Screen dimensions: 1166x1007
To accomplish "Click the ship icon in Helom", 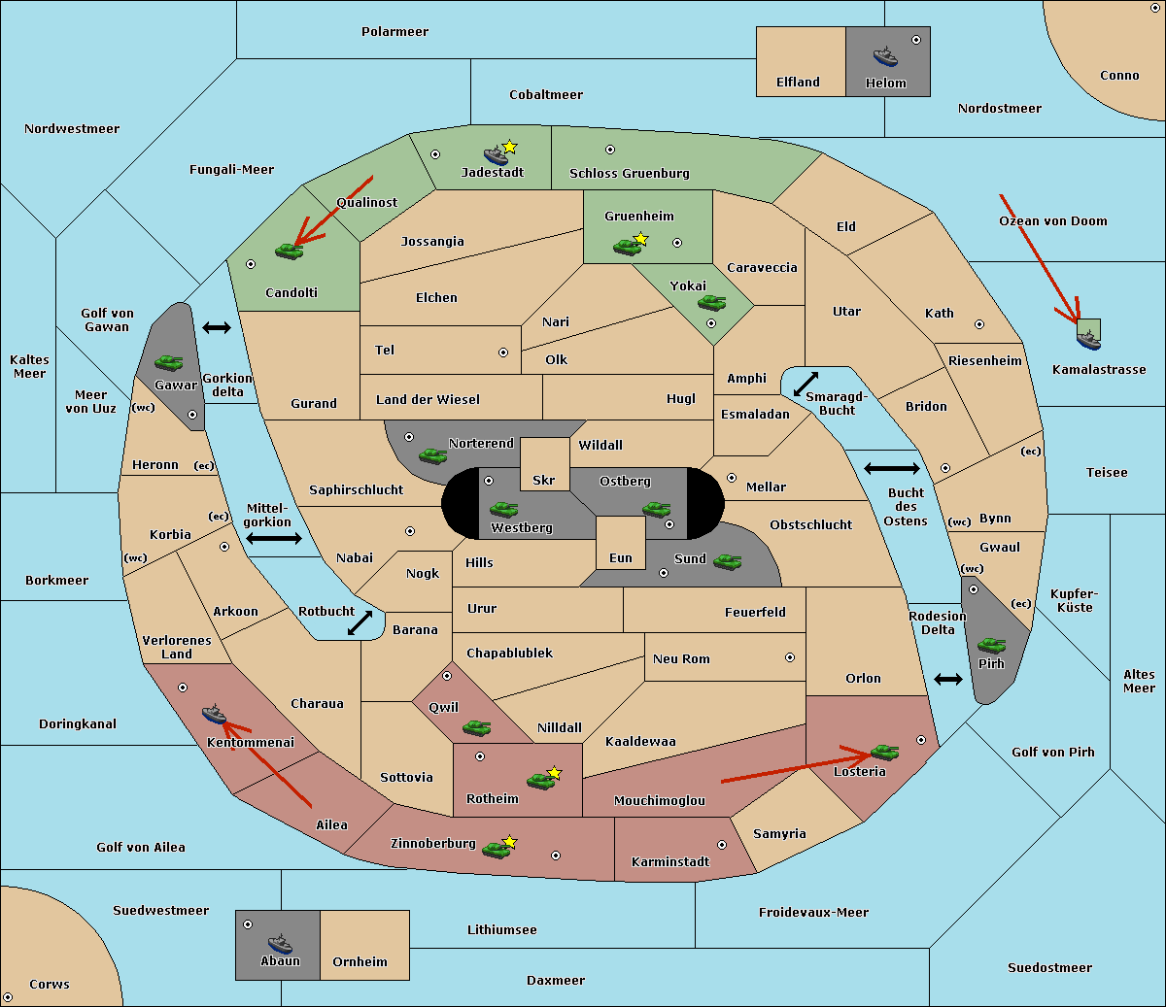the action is click(x=885, y=56).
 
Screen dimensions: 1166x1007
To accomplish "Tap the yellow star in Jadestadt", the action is click(x=509, y=147).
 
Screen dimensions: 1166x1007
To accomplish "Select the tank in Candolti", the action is click(x=289, y=251).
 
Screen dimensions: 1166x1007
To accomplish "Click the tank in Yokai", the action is click(x=711, y=303).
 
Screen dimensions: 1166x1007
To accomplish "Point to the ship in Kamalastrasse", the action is click(x=1088, y=340).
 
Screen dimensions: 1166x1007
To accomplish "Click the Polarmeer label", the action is click(x=394, y=32).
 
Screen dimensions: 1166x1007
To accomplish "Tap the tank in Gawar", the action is click(x=168, y=362).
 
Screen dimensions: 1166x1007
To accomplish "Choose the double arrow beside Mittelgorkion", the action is click(x=274, y=539).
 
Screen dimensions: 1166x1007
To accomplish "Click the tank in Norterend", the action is click(x=432, y=456).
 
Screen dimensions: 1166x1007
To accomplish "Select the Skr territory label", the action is click(x=544, y=480).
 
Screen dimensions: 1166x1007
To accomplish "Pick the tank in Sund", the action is click(x=727, y=562).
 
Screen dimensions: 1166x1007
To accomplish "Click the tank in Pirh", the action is click(x=991, y=645).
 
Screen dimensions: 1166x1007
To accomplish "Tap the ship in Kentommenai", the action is click(x=214, y=713).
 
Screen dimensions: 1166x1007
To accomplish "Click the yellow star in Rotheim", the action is click(x=555, y=772).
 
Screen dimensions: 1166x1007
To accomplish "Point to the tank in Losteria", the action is click(x=884, y=752).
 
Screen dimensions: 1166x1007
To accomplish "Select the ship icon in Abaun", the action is click(x=280, y=943).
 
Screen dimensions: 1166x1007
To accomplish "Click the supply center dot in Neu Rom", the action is click(x=790, y=657).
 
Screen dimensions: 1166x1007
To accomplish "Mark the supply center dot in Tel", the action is click(x=503, y=352).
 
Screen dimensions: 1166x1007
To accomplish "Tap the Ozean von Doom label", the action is click(x=1053, y=221).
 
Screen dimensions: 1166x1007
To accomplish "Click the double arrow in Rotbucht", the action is click(x=360, y=623).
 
